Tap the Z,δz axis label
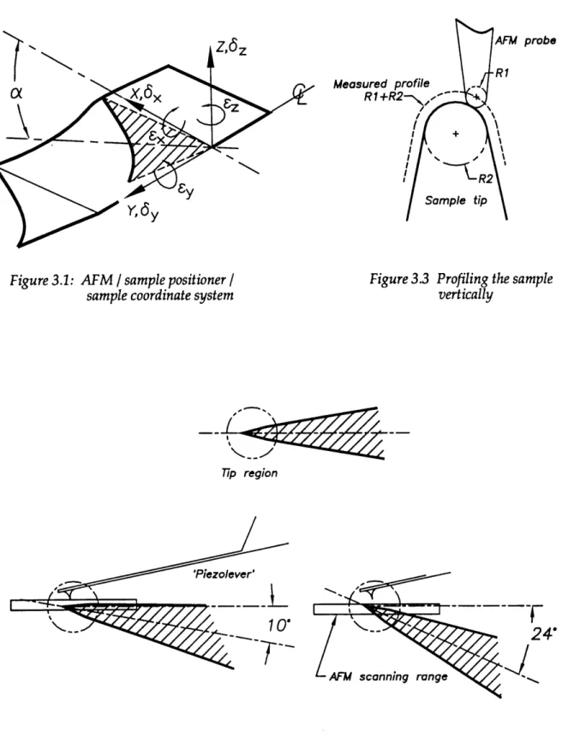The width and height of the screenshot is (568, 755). (231, 48)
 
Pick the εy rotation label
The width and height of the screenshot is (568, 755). (186, 191)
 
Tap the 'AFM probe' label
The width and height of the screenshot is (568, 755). (526, 40)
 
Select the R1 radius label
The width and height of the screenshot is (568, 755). (503, 74)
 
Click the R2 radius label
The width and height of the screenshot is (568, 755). (486, 179)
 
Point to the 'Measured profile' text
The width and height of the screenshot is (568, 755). (381, 84)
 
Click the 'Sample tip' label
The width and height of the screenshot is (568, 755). (456, 200)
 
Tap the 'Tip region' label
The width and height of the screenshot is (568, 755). (249, 473)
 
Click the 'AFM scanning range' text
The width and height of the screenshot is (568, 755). (388, 676)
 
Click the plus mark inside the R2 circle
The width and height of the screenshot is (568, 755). (455, 134)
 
